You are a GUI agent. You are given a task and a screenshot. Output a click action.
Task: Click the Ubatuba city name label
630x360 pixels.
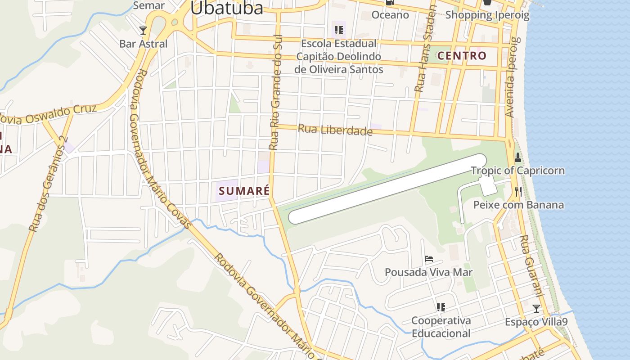coord(226,8)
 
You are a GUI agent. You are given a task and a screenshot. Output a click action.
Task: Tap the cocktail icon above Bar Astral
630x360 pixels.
coord(143,30)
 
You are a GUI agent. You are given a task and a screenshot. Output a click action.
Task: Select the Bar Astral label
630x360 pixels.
coord(143,44)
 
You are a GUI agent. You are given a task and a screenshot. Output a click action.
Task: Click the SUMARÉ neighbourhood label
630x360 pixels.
coord(244,190)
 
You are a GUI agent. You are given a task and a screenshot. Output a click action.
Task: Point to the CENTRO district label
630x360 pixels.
coord(462,56)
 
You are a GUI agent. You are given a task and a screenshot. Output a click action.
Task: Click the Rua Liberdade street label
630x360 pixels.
coord(335,130)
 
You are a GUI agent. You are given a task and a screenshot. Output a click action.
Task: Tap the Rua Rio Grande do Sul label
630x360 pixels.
coord(274,92)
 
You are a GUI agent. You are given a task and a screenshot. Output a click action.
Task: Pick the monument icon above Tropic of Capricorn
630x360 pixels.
coord(518,157)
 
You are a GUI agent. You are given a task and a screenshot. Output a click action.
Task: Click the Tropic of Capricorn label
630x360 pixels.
coord(517,171)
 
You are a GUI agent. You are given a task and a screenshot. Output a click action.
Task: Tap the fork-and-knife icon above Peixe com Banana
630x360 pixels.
coord(518,192)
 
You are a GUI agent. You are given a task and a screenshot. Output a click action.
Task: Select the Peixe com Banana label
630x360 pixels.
coord(518,205)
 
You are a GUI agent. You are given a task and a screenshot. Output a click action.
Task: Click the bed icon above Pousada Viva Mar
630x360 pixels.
coord(429,259)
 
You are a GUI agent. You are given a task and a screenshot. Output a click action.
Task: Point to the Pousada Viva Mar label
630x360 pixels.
coord(428,272)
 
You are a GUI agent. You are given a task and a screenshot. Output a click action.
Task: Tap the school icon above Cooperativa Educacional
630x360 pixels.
coord(441,307)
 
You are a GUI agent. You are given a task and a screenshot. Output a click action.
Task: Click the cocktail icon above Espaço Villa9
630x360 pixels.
coord(536,309)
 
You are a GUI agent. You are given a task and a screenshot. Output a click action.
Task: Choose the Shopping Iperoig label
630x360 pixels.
coord(487,15)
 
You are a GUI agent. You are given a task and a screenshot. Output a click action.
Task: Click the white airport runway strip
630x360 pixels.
coord(387,189)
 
